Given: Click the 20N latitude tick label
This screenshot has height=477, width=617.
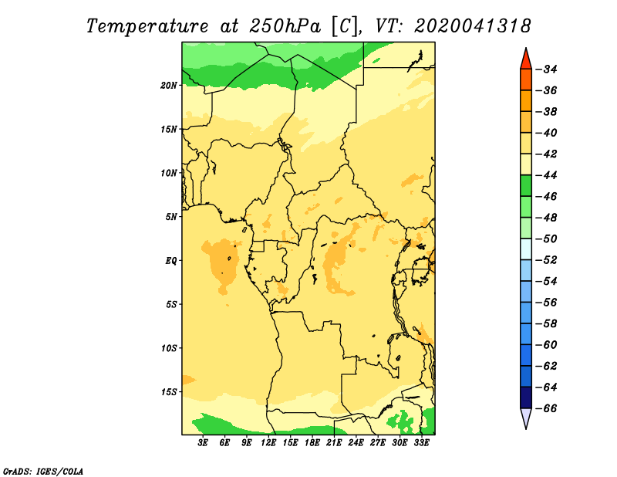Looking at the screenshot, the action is [168, 86].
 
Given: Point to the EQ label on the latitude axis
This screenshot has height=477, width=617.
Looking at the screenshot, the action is [170, 261].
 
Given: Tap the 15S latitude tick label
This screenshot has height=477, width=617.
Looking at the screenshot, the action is [169, 392].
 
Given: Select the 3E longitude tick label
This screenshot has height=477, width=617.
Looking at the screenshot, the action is [203, 442].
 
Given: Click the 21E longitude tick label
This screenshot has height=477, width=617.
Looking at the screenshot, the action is [334, 442].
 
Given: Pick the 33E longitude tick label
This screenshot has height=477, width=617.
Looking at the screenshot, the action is [421, 442].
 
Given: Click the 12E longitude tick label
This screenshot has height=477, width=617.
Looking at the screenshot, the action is [268, 442].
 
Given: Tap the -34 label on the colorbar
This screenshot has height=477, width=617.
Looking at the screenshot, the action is [547, 69].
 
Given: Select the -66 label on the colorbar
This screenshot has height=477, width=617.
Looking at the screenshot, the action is [547, 408].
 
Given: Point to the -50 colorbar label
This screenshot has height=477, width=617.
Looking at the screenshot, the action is [547, 238].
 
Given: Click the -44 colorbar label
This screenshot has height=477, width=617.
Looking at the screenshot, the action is [547, 175].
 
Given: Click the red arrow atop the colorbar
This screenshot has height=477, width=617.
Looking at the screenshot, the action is [526, 60].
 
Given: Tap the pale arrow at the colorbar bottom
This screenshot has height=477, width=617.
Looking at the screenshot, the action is [526, 418].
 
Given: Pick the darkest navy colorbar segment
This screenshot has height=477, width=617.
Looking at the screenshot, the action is [526, 397].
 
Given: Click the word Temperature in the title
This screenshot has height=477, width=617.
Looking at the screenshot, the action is [147, 27].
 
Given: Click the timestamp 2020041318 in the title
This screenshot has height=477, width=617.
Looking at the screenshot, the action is [472, 26].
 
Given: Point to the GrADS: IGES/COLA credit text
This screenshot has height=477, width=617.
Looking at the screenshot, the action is [43, 471].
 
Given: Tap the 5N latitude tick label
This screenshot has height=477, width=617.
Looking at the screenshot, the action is [170, 217].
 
